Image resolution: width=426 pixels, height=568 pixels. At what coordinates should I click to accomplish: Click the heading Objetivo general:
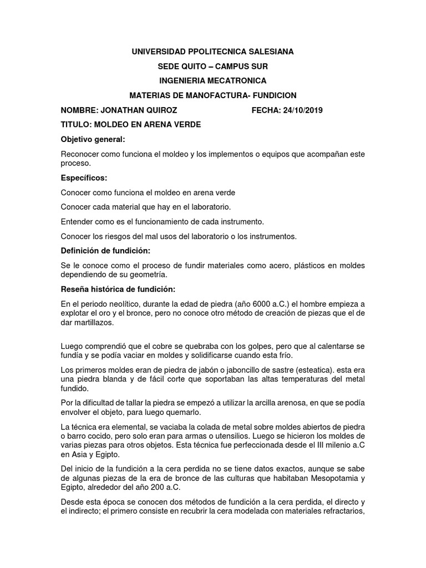click(93, 139)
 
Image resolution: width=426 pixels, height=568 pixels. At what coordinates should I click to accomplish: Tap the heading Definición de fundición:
click(102, 251)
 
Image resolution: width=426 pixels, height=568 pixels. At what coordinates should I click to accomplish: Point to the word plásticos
click(292, 266)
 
